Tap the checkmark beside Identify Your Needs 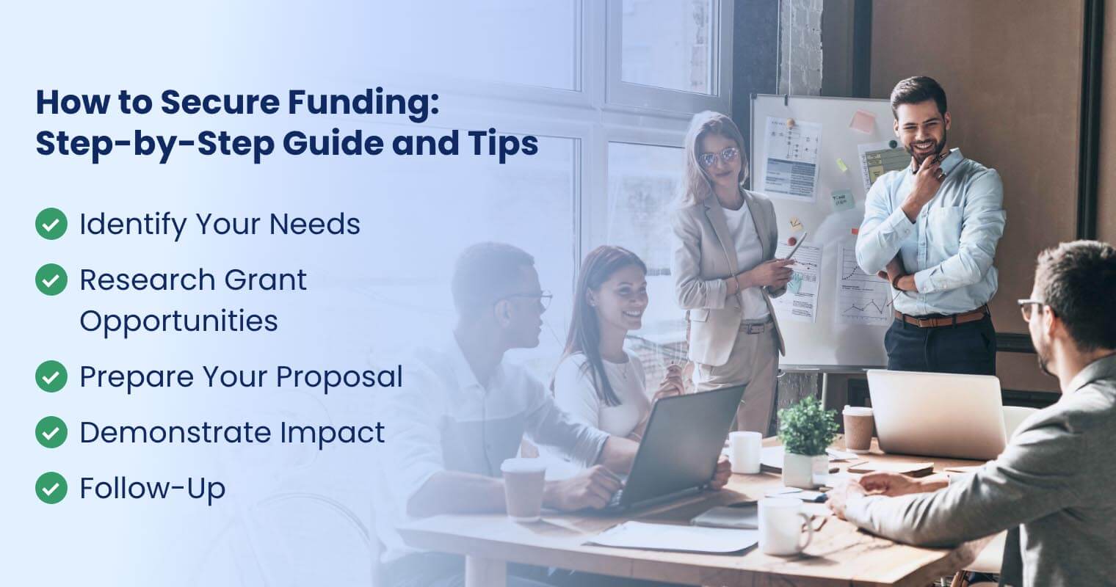[51, 224]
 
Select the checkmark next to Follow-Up [51, 488]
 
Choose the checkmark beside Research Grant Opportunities [51, 280]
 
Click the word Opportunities [178, 321]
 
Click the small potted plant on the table [806, 437]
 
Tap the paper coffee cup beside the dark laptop [523, 488]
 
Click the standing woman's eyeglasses [718, 156]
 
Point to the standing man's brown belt [940, 318]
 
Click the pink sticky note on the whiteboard [862, 122]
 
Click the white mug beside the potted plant [744, 451]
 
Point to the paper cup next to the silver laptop [858, 428]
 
